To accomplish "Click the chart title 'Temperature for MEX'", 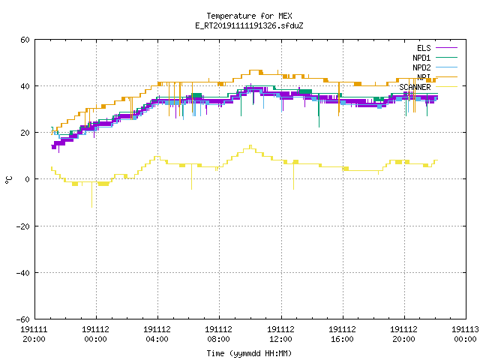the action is [x=249, y=16].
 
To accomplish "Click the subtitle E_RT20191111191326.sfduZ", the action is [x=249, y=25].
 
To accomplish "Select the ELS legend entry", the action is [x=436, y=48].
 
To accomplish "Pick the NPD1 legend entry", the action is [x=435, y=58].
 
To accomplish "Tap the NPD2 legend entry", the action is [x=435, y=67].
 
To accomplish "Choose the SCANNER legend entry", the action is [x=428, y=87].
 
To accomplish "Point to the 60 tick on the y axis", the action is [x=25, y=40].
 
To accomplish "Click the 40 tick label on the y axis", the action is [x=25, y=86].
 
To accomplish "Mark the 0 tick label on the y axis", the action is [x=28, y=179].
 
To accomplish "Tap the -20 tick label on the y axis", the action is [x=23, y=226].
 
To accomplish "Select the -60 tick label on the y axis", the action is [x=23, y=319].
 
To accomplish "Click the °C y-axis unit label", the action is [x=8, y=180].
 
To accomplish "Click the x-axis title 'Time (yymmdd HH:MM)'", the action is [x=249, y=353].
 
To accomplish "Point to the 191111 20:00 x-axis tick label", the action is [x=34, y=334].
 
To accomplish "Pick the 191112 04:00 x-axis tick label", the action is [x=157, y=334].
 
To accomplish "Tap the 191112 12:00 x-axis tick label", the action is [x=280, y=334].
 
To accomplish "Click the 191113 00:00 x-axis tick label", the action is [x=465, y=334].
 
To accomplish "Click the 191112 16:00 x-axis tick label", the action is [x=342, y=334].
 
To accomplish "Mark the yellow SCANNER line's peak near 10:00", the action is [x=250, y=145].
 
